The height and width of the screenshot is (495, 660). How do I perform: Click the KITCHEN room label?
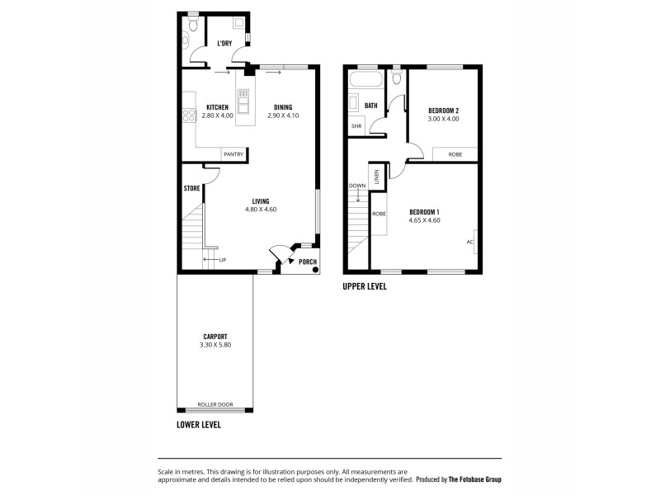pos(217,108)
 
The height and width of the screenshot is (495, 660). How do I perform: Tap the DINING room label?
pos(282,108)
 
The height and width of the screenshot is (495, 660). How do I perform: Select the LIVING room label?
pos(261,202)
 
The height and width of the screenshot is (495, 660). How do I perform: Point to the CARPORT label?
pos(215,337)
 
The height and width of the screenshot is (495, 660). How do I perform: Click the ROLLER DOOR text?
pos(215,405)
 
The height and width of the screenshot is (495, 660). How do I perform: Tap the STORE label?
pos(191,188)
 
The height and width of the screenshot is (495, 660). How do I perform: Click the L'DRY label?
pos(224,43)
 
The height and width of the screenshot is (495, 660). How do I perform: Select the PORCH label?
pos(308,262)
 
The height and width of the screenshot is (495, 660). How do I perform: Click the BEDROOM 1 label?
pos(425,213)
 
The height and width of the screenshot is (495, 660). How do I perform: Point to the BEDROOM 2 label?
pos(443,111)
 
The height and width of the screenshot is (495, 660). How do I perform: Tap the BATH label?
pos(371,106)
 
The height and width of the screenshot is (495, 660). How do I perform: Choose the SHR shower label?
pos(356,126)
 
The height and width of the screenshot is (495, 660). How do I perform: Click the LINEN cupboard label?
pos(376,177)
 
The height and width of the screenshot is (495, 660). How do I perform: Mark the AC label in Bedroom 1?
pos(469,242)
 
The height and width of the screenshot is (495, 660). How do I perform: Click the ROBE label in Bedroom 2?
pos(455,154)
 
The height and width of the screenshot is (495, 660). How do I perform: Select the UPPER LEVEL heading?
pos(365,287)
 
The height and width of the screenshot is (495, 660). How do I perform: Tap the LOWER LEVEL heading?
pos(199,426)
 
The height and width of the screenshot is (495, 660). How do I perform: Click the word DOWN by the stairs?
pos(357,186)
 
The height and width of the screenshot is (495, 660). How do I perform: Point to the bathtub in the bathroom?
pos(365,82)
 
